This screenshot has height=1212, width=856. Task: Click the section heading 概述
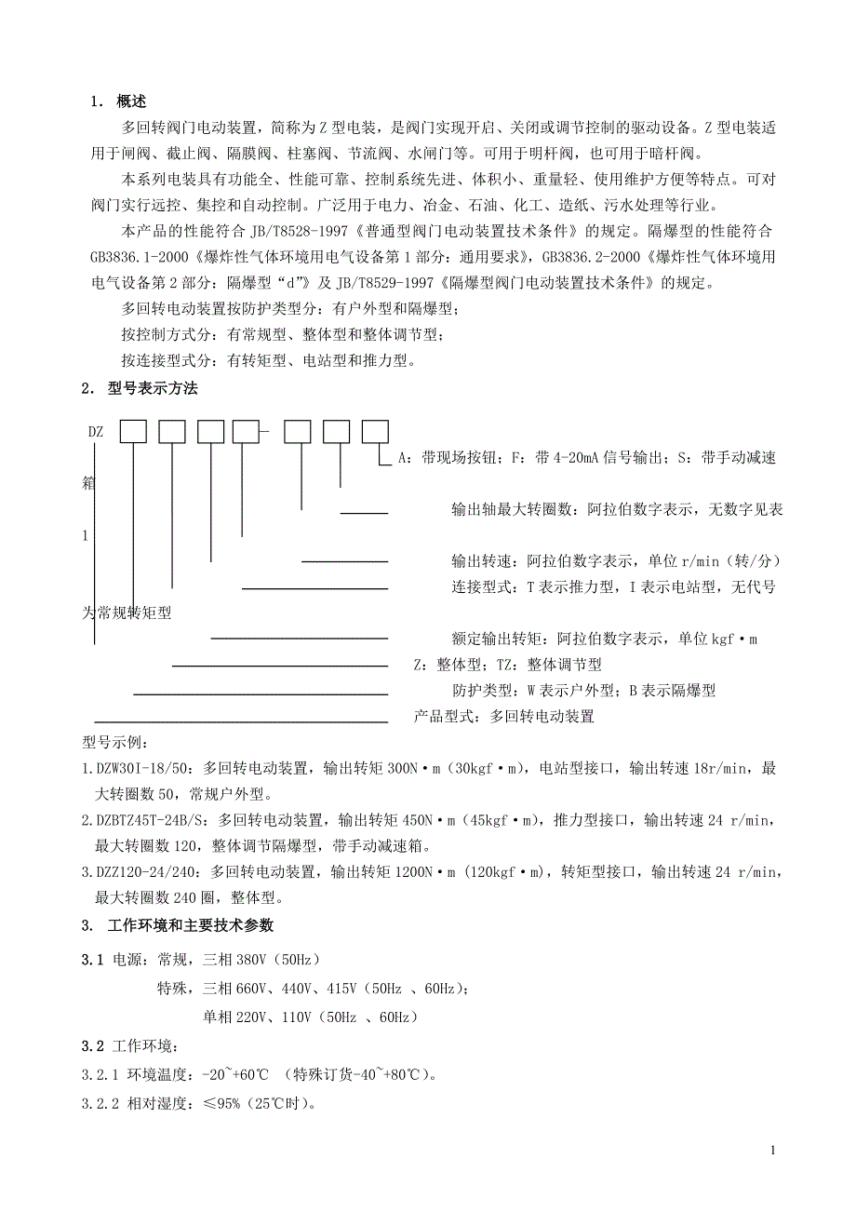[x=131, y=101]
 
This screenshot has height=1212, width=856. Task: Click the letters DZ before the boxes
[x=96, y=433]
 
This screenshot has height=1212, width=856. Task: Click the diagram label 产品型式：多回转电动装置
[x=503, y=717]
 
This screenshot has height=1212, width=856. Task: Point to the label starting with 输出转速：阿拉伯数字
[x=615, y=561]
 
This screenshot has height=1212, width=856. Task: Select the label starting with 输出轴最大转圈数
[x=616, y=509]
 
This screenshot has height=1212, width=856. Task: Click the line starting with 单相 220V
[x=310, y=1017]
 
